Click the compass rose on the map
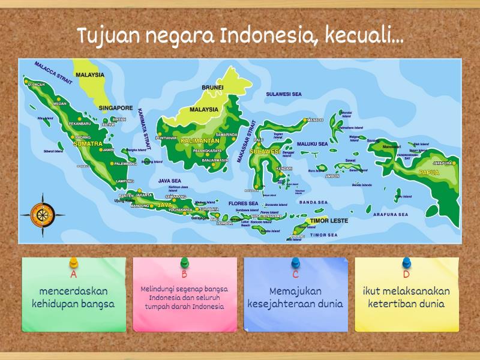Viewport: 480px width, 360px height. [43, 213]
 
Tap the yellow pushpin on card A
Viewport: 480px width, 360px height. [74, 263]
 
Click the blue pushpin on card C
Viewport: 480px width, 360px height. [296, 263]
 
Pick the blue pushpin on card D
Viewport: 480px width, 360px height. [407, 263]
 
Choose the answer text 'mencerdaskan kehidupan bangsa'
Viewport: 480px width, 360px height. [74, 298]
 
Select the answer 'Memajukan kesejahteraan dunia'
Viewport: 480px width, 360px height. [296, 298]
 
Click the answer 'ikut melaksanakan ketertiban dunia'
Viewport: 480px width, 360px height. [407, 298]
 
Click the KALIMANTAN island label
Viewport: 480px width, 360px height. [200, 140]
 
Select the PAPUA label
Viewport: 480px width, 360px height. [430, 172]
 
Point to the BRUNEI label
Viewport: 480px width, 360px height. [212, 88]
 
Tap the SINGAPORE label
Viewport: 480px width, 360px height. [116, 108]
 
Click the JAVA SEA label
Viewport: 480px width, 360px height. [169, 180]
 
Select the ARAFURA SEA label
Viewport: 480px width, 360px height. [390, 214]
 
